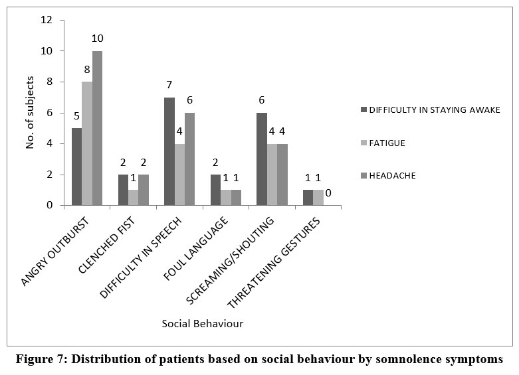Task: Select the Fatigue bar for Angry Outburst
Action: pyautogui.click(x=86, y=143)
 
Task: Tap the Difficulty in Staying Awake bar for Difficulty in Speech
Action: pyautogui.click(x=169, y=151)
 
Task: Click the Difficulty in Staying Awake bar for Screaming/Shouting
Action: pyautogui.click(x=262, y=159)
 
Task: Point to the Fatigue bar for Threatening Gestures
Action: pyautogui.click(x=318, y=198)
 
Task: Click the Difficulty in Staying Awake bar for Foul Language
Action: pyautogui.click(x=215, y=190)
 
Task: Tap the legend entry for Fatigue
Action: pyautogui.click(x=387, y=142)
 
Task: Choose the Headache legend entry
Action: pyautogui.click(x=392, y=176)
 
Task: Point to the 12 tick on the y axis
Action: pyautogui.click(x=47, y=20)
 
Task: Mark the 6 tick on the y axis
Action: pyautogui.click(x=49, y=113)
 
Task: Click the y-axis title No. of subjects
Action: pyautogui.click(x=30, y=113)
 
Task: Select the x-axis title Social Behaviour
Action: pyautogui.click(x=202, y=323)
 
